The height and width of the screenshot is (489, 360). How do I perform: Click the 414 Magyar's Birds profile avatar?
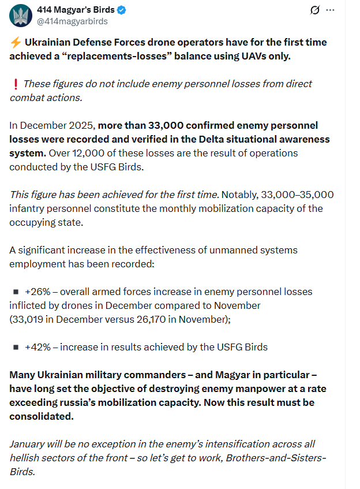coord(21,15)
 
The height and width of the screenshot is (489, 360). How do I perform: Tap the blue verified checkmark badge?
coord(122,10)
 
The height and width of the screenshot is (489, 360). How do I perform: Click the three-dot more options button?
coord(330,10)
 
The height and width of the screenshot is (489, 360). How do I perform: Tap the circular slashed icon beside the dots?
coord(315,10)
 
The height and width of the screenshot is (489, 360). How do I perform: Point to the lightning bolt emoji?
coord(15,43)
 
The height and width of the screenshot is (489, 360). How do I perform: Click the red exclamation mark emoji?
coord(16,84)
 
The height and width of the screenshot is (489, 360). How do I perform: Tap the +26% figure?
coord(37,292)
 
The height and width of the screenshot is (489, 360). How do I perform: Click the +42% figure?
coord(37,347)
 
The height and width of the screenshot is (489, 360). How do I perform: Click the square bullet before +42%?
coord(16,347)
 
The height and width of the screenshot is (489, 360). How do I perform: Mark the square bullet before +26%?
coord(16,292)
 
